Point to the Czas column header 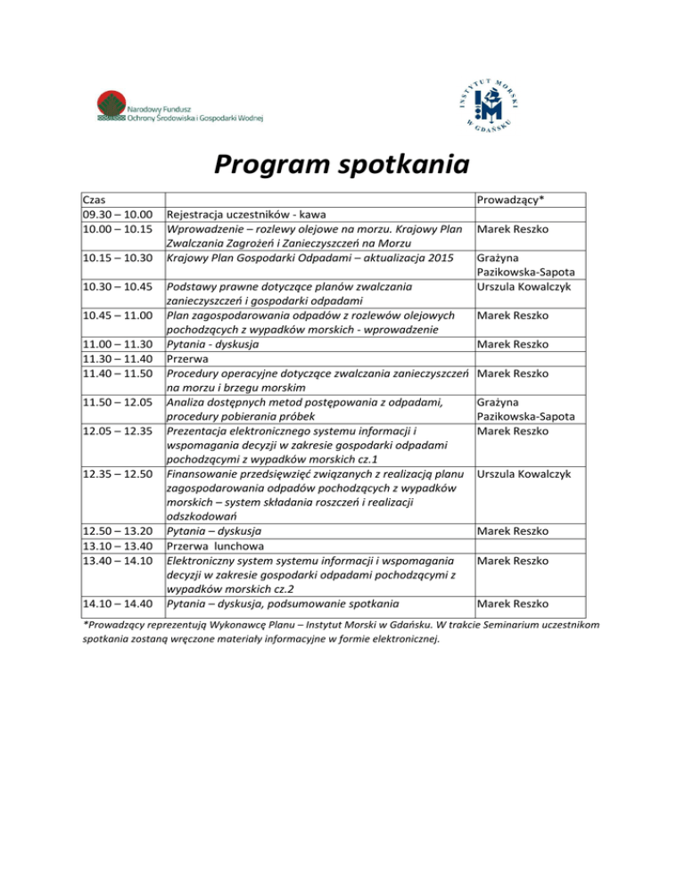(x=95, y=201)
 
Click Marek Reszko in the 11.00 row (x=513, y=344)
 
